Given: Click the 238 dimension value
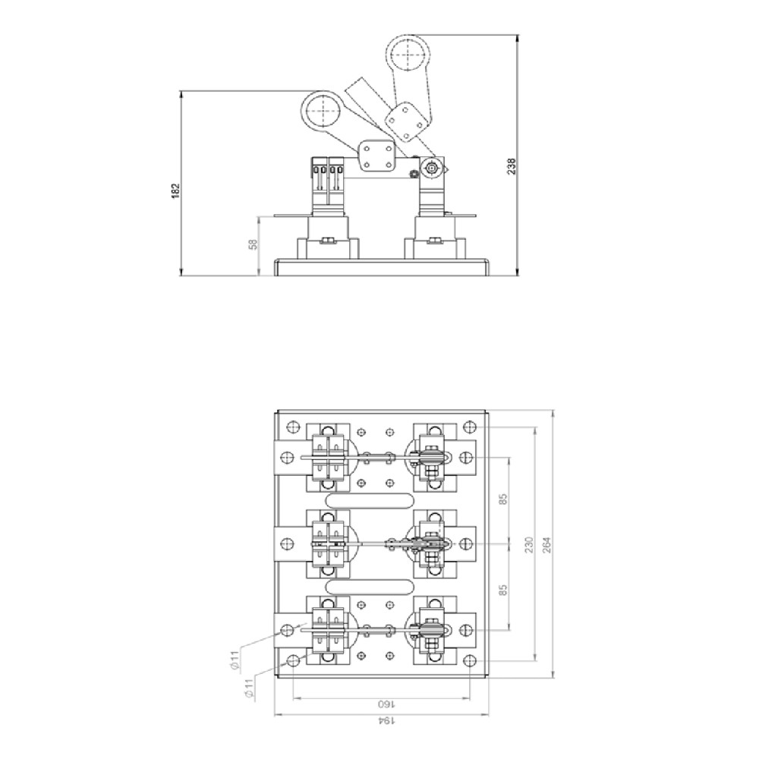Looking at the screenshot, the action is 512,166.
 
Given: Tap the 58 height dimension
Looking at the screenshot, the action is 253,244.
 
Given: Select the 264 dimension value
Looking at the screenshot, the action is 546,544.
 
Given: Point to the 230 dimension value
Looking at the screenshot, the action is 529,544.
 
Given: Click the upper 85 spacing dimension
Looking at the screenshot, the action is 503,499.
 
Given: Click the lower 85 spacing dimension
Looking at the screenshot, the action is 503,590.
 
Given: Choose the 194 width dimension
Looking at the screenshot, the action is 386,721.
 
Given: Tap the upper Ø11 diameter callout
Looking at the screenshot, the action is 234,661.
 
